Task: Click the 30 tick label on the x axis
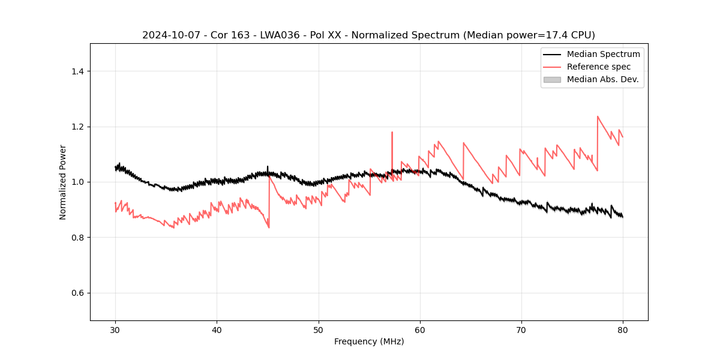click(x=115, y=330)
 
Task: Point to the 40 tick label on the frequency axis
click(x=217, y=330)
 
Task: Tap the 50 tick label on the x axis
click(x=318, y=330)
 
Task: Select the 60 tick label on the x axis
click(x=420, y=330)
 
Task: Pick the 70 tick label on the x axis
click(x=521, y=330)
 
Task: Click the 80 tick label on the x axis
click(x=623, y=330)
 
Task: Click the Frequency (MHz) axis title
click(x=369, y=341)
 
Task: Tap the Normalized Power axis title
click(x=63, y=182)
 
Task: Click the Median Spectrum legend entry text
click(x=603, y=54)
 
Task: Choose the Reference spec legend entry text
click(x=599, y=67)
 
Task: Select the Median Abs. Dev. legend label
click(x=603, y=79)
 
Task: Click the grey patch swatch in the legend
click(x=552, y=79)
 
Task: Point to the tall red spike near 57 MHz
click(x=392, y=133)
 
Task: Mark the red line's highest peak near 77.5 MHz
click(x=598, y=117)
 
